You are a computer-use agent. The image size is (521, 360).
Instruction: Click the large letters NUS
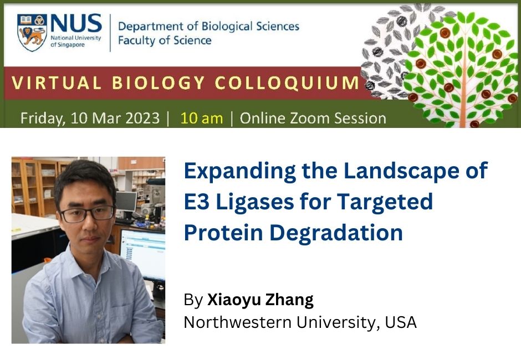(x=75, y=24)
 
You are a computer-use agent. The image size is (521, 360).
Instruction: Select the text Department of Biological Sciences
(x=208, y=26)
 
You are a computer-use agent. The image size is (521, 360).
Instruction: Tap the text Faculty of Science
(x=165, y=40)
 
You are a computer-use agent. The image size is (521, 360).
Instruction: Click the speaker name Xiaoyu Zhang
(x=260, y=300)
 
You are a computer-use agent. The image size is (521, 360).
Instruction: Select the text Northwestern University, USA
(x=300, y=322)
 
